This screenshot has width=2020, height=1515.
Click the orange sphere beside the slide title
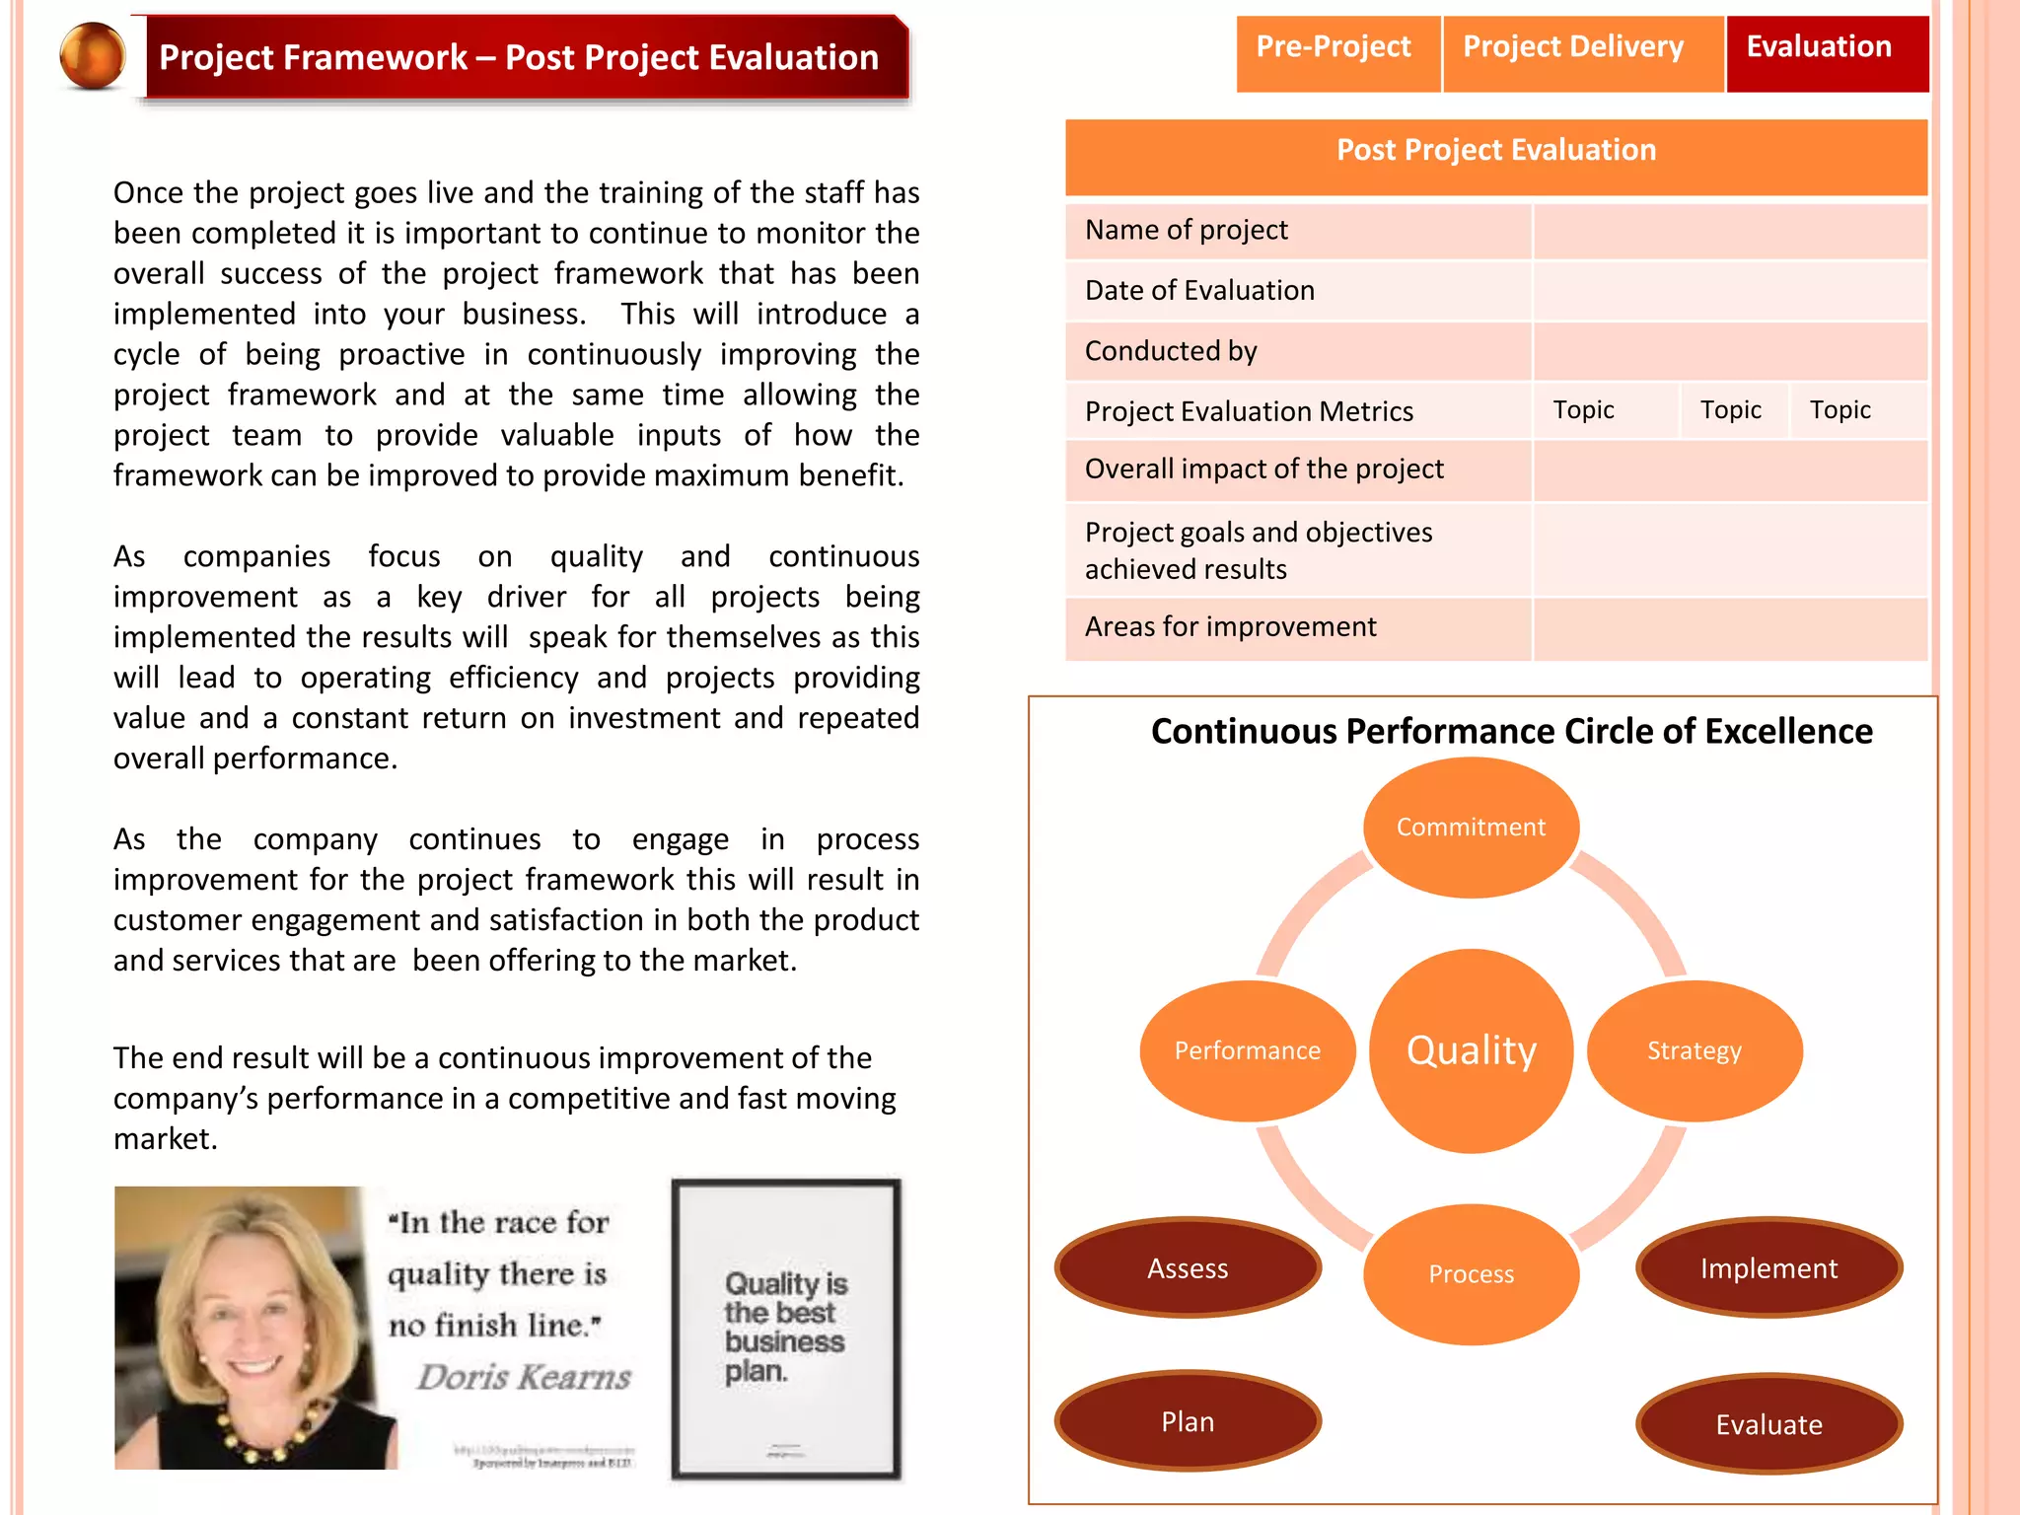click(x=93, y=56)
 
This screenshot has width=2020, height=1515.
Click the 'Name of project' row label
click(x=1187, y=231)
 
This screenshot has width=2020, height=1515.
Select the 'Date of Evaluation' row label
click(x=1199, y=291)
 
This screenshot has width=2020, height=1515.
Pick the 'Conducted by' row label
click(x=1171, y=352)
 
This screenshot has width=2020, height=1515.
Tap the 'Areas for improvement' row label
click(x=1230, y=627)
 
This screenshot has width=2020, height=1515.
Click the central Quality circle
click(x=1471, y=1050)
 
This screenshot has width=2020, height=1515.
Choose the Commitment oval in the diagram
click(x=1471, y=827)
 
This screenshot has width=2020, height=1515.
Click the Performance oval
click(x=1247, y=1050)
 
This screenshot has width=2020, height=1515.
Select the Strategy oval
click(x=1695, y=1050)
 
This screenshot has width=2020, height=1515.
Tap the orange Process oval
click(x=1471, y=1273)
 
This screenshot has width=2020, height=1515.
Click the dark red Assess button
click(x=1188, y=1268)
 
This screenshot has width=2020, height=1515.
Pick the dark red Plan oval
click(x=1188, y=1421)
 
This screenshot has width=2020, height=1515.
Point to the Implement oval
click(x=1768, y=1268)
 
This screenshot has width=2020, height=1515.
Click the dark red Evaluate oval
click(x=1768, y=1424)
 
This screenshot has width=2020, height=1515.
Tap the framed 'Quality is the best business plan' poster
click(x=786, y=1328)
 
